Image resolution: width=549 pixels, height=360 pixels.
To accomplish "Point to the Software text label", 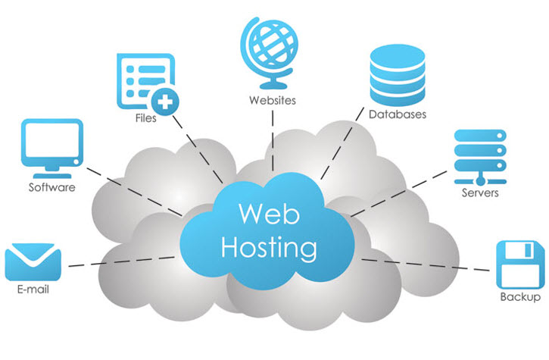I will click(51, 186).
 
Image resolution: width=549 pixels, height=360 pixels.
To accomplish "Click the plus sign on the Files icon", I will click(165, 99).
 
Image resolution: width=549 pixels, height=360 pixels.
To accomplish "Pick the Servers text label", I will click(480, 193).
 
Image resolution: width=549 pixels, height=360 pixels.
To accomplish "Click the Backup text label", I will click(520, 297).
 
